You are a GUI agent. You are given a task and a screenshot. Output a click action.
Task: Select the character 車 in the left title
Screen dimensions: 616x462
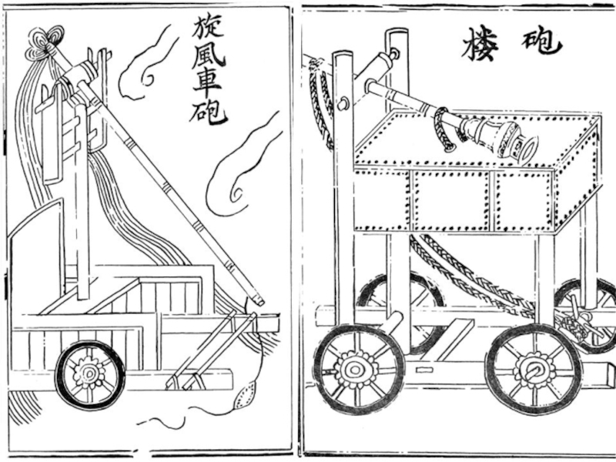click(x=206, y=87)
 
